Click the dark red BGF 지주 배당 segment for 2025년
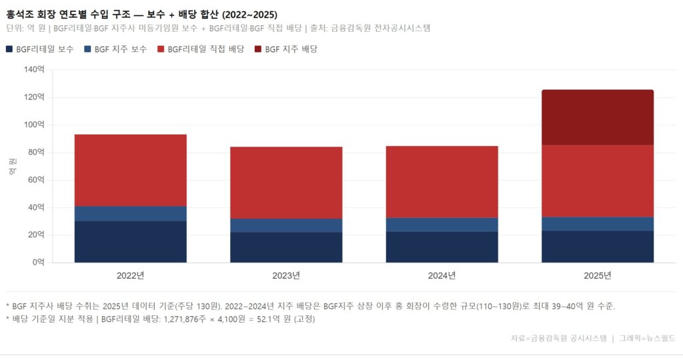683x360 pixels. point(597,117)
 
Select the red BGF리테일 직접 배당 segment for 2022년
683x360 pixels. point(130,170)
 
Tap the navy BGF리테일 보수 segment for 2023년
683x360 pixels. point(286,247)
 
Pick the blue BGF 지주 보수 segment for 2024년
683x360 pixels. point(442,225)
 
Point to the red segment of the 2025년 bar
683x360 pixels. point(597,181)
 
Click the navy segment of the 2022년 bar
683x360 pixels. point(130,241)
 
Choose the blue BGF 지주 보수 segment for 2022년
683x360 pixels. point(130,213)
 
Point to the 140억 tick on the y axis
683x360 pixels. point(33,69)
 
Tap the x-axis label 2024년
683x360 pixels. point(442,275)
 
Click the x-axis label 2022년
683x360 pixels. point(130,275)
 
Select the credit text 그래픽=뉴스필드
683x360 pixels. point(647,338)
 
